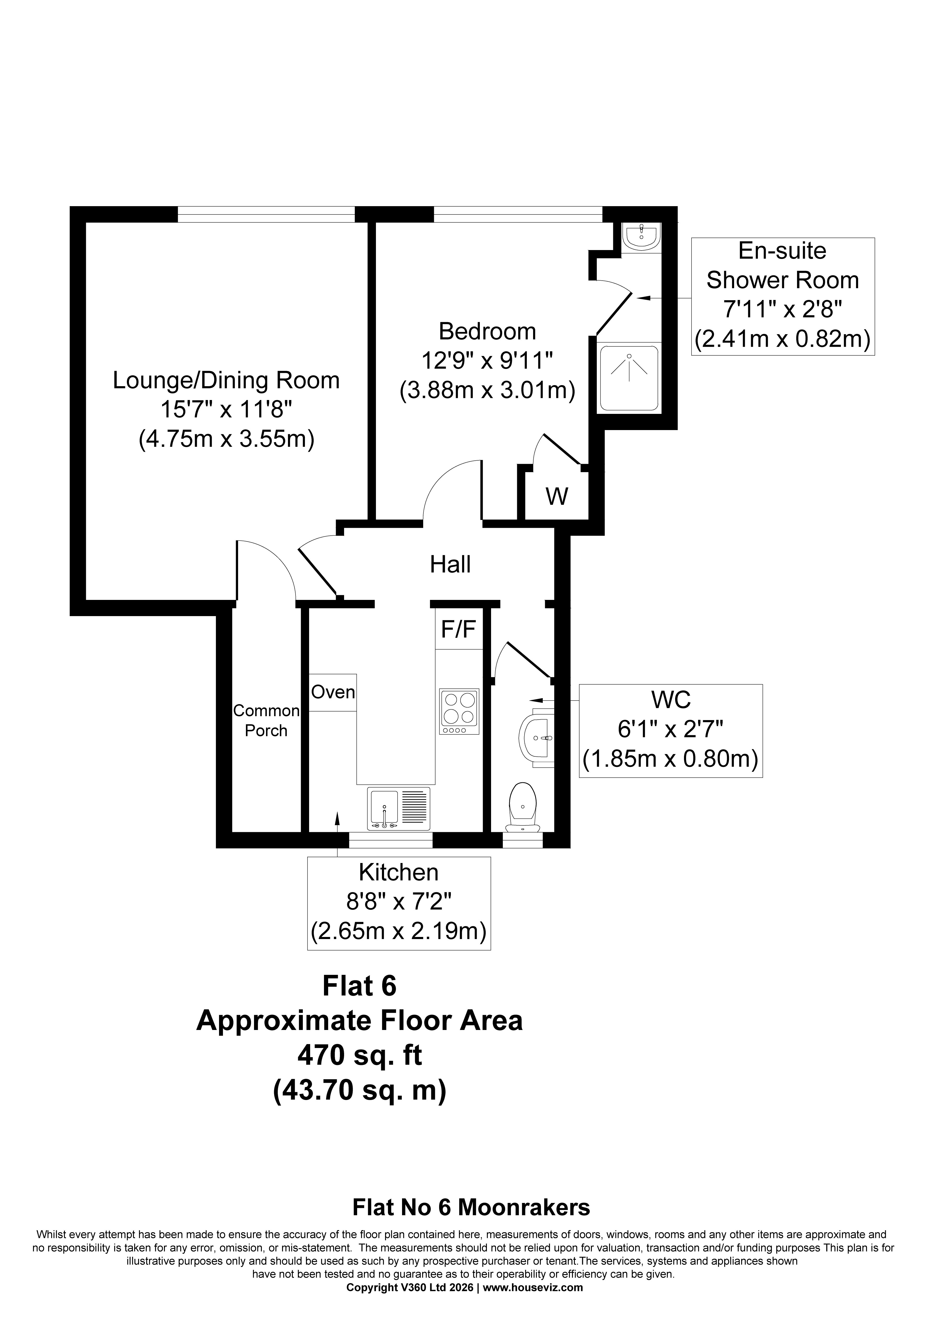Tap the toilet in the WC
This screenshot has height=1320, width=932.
523,806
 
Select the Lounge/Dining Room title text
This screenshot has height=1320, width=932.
226,381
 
